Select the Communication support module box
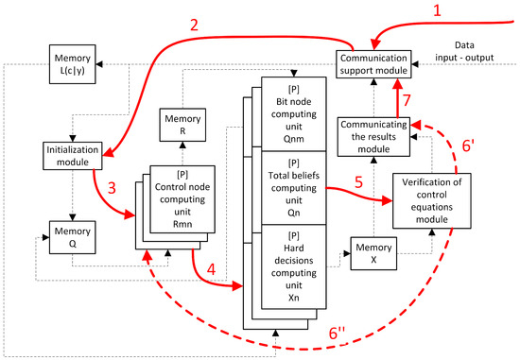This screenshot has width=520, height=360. [374, 63]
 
